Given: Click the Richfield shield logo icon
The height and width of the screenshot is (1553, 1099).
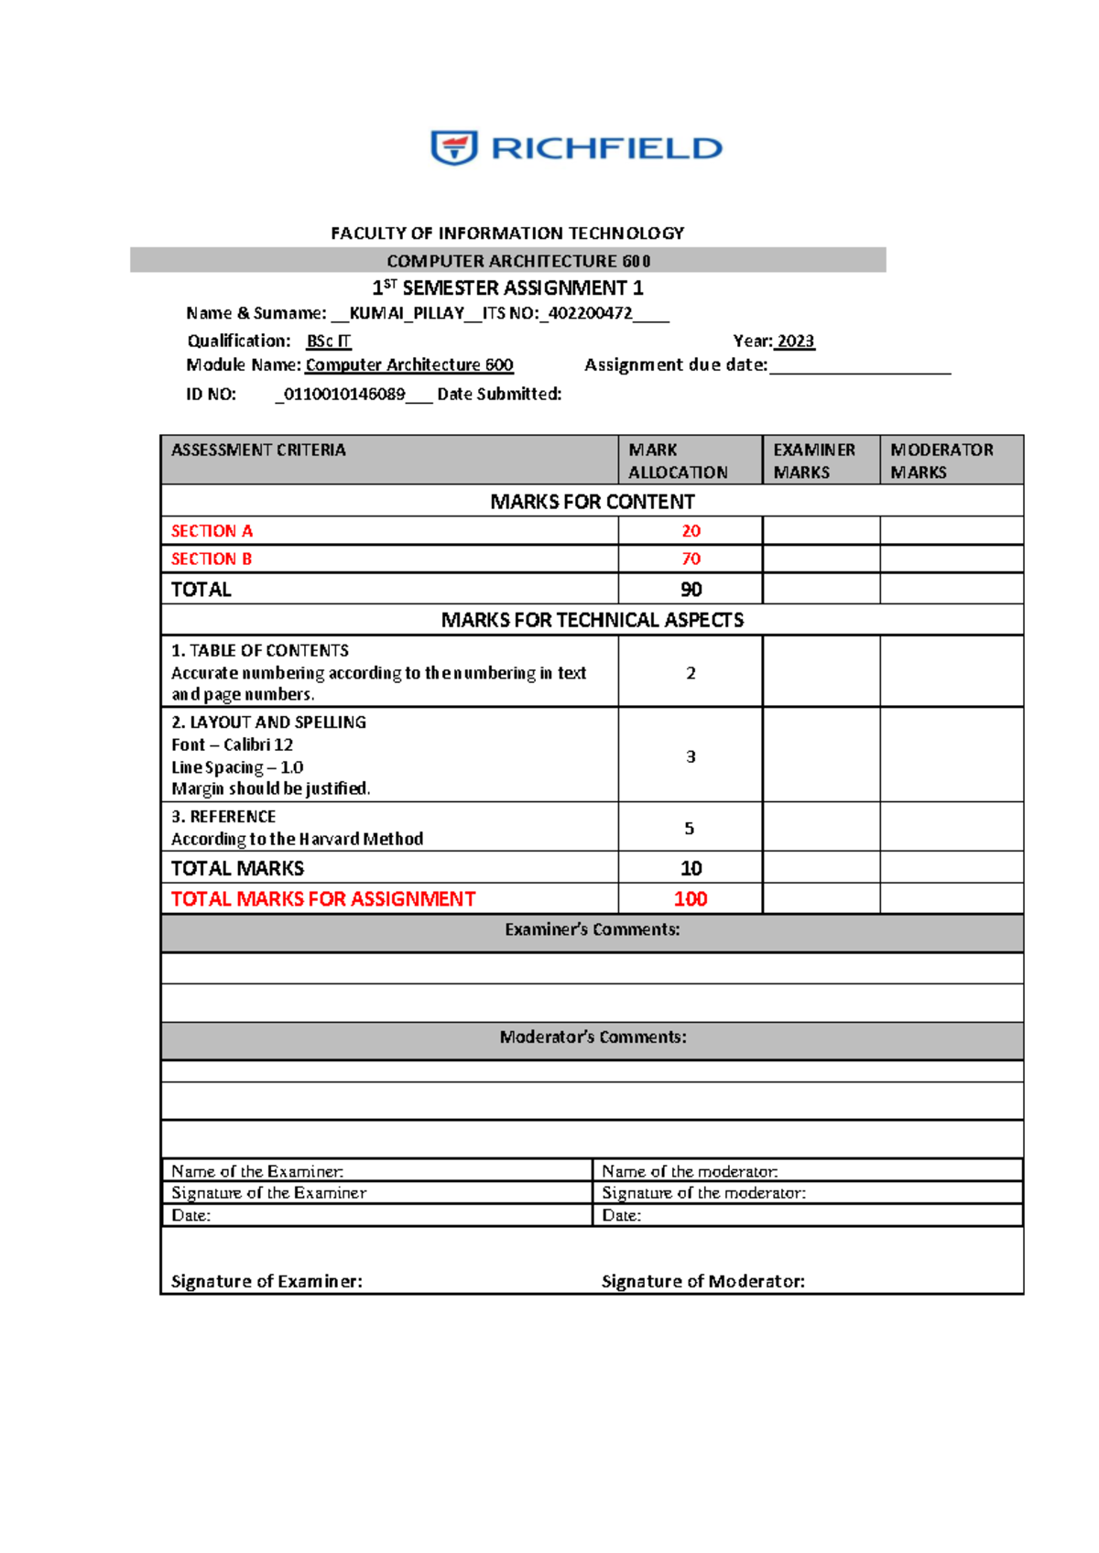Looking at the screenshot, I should click(454, 147).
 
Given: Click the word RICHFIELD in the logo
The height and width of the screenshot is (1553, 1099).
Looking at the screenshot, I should click(607, 148).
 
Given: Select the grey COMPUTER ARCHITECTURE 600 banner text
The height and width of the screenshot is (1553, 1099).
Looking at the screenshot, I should click(518, 261).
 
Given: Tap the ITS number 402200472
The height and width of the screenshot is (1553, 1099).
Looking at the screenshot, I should click(590, 313).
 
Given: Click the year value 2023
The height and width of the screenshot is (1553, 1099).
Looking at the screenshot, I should click(795, 341).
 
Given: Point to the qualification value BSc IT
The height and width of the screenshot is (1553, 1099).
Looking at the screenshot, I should click(328, 341).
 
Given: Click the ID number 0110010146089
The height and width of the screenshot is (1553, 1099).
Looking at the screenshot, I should click(344, 394).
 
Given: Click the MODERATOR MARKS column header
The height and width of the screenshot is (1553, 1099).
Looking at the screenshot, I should click(941, 461).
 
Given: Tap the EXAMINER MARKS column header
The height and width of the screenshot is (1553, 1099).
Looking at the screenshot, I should click(814, 461).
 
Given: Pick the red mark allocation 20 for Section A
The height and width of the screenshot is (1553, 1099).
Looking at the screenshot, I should click(691, 531).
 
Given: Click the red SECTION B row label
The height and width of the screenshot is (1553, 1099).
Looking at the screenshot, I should click(212, 559).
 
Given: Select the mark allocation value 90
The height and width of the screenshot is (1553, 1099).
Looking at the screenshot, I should click(691, 589).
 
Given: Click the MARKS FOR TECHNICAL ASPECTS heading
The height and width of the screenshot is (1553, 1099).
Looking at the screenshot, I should click(592, 620).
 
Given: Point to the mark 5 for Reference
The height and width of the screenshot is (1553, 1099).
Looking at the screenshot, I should click(690, 828).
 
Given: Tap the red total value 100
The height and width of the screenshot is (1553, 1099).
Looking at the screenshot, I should click(691, 899).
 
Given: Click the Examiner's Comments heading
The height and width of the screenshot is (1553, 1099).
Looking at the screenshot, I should click(592, 929).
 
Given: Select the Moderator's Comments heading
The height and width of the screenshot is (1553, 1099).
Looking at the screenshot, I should click(592, 1037).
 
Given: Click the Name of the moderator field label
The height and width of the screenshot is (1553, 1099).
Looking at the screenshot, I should click(690, 1171).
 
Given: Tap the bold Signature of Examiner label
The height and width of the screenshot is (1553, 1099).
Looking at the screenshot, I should click(267, 1281).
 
